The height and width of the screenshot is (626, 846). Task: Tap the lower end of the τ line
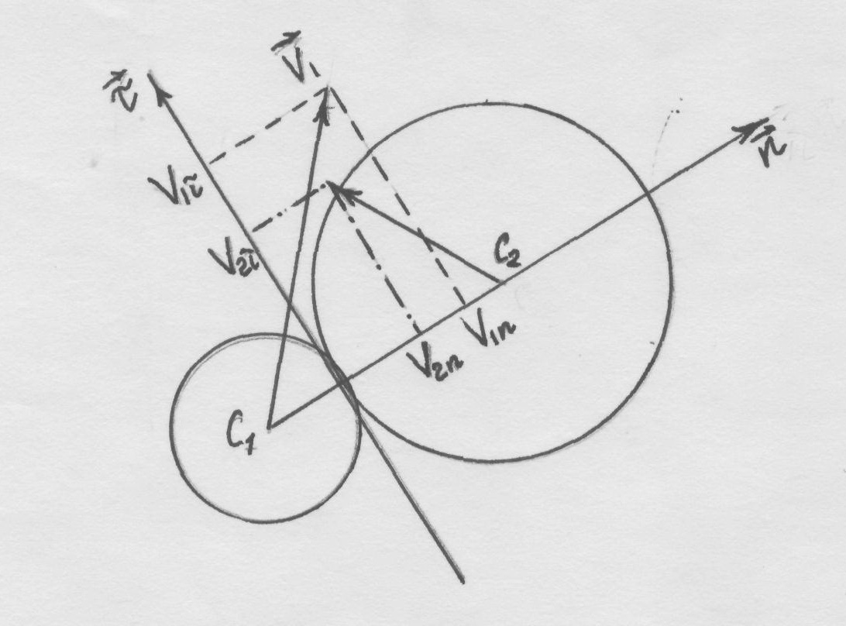click(461, 580)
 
